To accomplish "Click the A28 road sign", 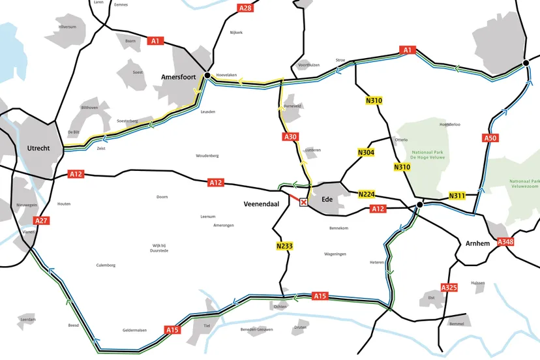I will pyautogui.click(x=245, y=8).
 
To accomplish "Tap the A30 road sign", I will pyautogui.click(x=290, y=137).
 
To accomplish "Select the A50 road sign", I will pyautogui.click(x=490, y=138).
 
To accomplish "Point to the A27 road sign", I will pyautogui.click(x=41, y=221).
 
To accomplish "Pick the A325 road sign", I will pyautogui.click(x=449, y=288).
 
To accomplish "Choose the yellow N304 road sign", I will pyautogui.click(x=367, y=153).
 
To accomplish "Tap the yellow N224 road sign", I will pyautogui.click(x=367, y=194).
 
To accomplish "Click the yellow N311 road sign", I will pyautogui.click(x=458, y=196).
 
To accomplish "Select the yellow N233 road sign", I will pyautogui.click(x=284, y=246).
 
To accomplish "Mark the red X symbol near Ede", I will pyautogui.click(x=303, y=203).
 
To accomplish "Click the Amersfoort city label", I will pyautogui.click(x=179, y=77).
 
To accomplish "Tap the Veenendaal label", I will pyautogui.click(x=262, y=203).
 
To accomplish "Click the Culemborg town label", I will pyautogui.click(x=106, y=265).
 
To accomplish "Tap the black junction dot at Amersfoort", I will pyautogui.click(x=207, y=76).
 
